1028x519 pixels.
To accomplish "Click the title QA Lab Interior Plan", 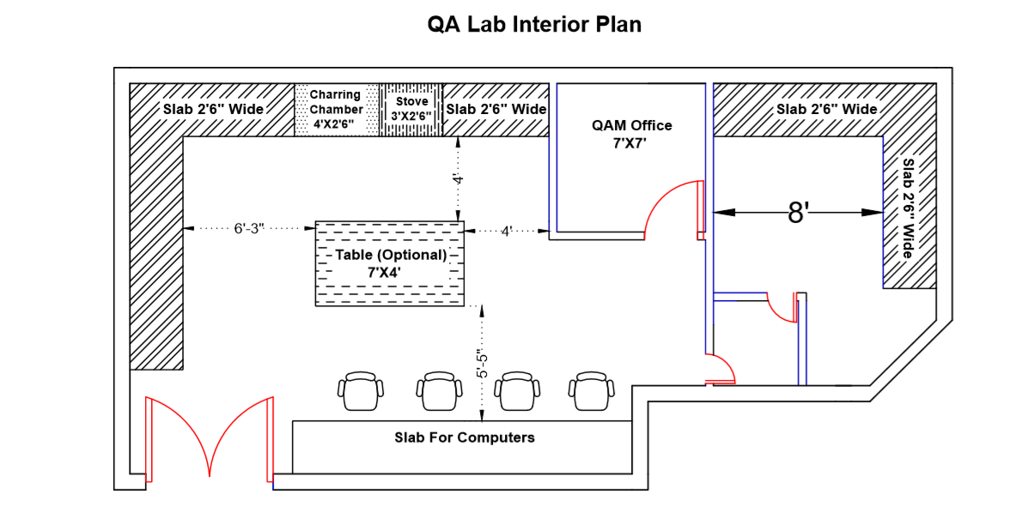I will (534, 24).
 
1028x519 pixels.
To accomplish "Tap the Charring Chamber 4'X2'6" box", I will (337, 109).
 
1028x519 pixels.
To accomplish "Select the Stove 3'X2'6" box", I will (411, 109).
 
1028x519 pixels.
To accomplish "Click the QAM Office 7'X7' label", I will (631, 134).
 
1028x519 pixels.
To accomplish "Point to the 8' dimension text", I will (799, 213).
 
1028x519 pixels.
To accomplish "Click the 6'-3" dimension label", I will (249, 229).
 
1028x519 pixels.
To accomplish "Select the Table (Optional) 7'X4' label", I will (391, 263).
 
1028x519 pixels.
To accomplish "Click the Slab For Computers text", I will (464, 438).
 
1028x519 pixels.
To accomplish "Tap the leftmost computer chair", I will (361, 392).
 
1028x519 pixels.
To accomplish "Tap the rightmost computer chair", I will (593, 392).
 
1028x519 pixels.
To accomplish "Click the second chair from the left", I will (439, 392).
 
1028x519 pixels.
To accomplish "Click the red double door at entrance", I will (210, 438).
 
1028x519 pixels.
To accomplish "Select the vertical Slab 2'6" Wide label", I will (909, 208).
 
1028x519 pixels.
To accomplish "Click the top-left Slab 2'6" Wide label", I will (213, 109).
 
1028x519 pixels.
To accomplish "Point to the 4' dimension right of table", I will (507, 230).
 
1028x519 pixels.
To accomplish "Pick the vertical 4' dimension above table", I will (458, 179).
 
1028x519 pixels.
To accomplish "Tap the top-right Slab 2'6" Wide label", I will (826, 109).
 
